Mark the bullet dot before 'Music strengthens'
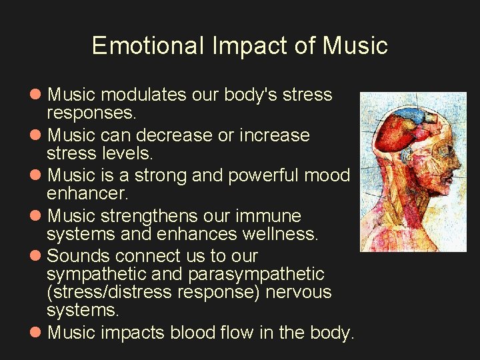pos(37,217)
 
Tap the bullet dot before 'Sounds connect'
pos(37,257)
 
